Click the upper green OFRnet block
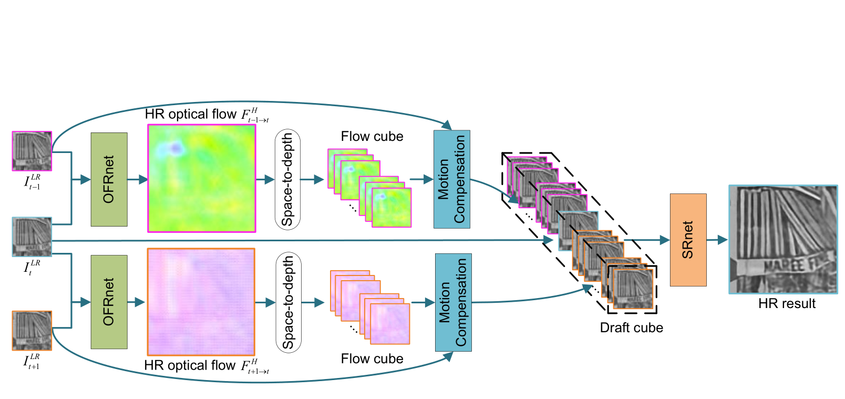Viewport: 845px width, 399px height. tap(109, 179)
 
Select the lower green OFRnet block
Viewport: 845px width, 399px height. tap(109, 302)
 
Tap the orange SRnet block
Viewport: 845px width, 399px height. tap(688, 240)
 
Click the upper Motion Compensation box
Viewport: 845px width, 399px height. tap(452, 179)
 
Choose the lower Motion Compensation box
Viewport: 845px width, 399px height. tap(454, 302)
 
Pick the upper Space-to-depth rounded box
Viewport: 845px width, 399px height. tap(287, 179)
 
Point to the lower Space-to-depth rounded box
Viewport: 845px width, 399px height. tap(288, 302)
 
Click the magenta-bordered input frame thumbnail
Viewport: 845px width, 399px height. tap(32, 151)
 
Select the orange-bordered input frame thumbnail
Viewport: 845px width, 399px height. tap(32, 331)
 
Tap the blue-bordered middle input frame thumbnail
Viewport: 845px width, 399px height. tap(32, 237)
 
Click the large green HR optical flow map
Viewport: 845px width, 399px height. tap(202, 178)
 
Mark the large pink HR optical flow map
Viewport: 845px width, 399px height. tap(201, 302)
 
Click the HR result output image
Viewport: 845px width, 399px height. tap(783, 239)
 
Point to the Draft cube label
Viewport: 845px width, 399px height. tap(631, 328)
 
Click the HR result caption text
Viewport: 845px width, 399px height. tap(787, 303)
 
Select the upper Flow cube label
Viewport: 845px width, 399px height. tap(372, 137)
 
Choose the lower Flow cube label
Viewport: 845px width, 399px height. tap(372, 359)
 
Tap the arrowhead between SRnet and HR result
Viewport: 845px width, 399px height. tap(723, 240)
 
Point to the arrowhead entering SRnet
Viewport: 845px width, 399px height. tap(665, 240)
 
